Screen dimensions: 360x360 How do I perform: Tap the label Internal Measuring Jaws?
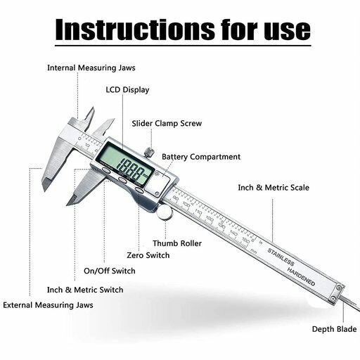point(91,68)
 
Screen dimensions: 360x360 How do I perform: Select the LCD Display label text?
point(127,90)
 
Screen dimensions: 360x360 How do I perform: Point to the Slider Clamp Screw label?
point(167,124)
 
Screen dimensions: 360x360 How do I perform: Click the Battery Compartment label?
point(201,157)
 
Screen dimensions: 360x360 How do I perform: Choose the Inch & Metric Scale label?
point(273,188)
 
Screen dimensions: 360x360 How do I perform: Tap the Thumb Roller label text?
point(182,243)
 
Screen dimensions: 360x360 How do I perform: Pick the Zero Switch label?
point(148,255)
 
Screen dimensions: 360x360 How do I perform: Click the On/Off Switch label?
point(110,271)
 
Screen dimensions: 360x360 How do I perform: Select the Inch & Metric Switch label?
point(85,290)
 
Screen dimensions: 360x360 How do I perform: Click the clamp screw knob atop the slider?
point(148,152)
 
